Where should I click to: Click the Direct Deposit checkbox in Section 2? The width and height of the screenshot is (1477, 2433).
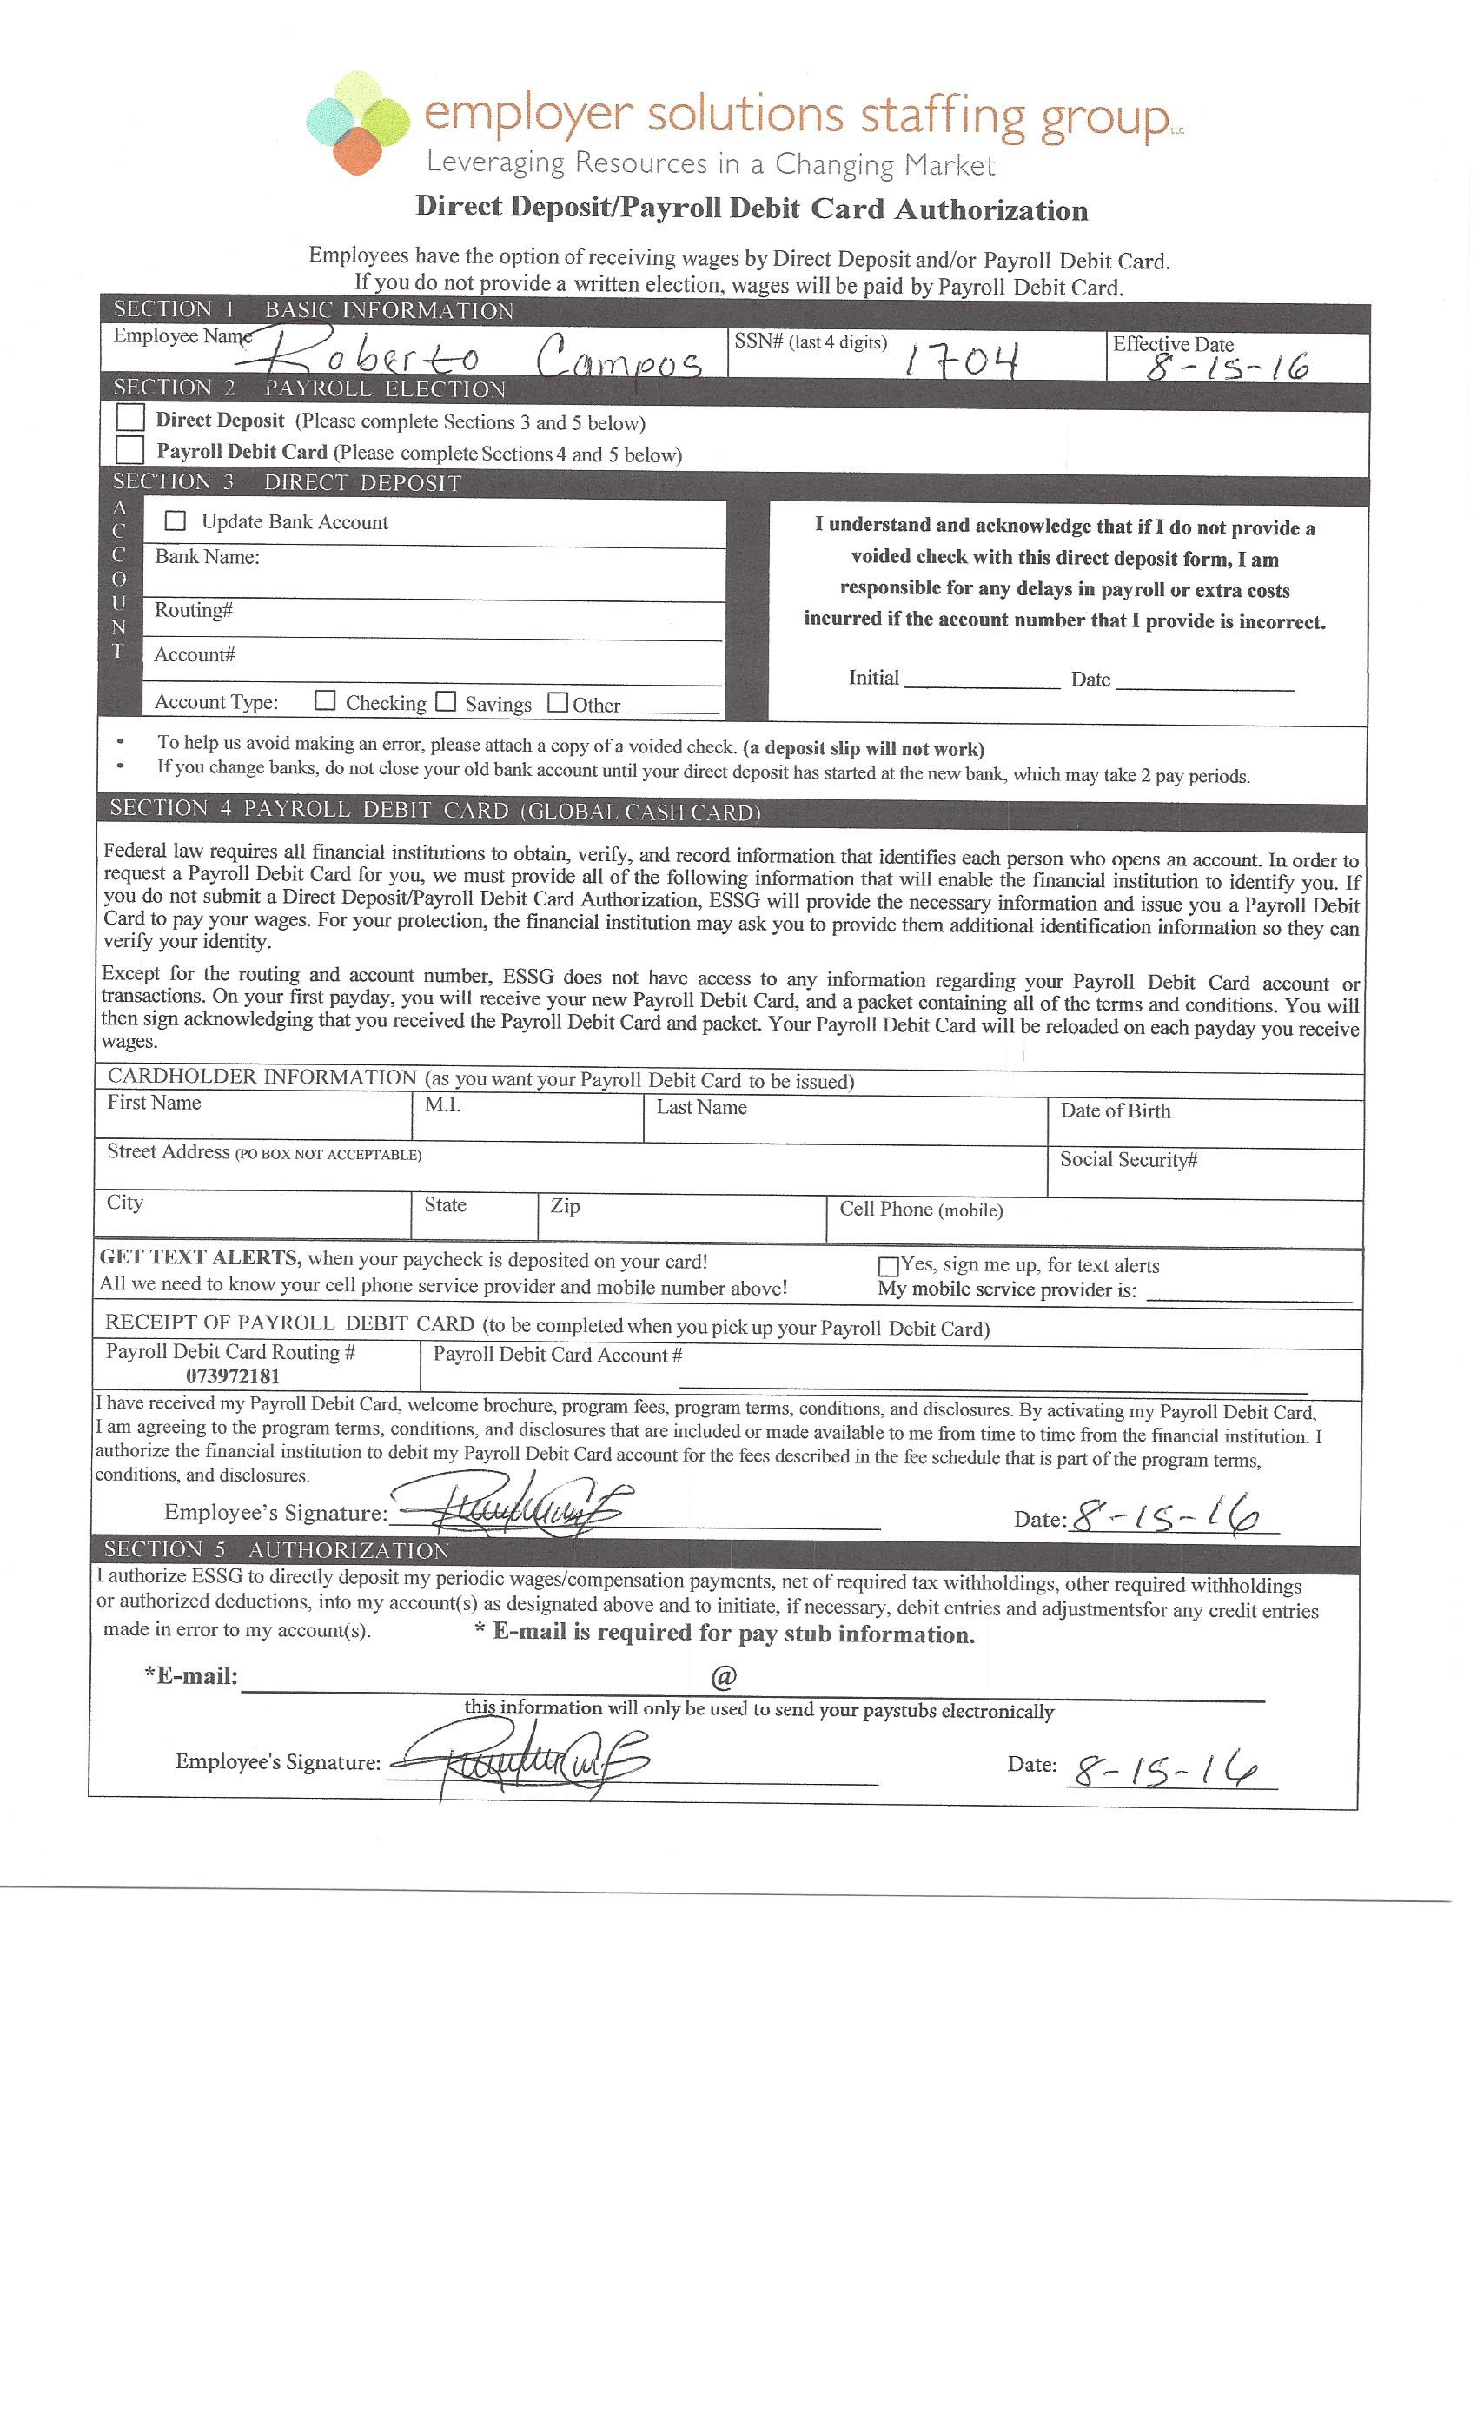[130, 418]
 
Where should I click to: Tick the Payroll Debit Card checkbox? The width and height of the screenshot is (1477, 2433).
[130, 450]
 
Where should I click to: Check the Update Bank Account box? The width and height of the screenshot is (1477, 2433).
[176, 520]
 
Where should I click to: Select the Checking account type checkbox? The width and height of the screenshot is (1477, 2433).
[325, 700]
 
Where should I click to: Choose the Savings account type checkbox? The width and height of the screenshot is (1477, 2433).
[447, 701]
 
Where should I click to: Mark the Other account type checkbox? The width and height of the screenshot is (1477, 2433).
[558, 702]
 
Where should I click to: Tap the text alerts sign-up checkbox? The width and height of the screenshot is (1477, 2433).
[888, 1266]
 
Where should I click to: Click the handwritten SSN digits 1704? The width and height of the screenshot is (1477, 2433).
[962, 361]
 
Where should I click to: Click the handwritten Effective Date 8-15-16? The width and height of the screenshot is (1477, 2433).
[1226, 368]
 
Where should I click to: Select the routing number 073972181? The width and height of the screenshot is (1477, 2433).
[233, 1376]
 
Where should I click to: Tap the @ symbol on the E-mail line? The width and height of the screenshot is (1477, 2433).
[723, 1677]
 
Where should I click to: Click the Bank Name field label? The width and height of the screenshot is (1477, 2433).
[208, 557]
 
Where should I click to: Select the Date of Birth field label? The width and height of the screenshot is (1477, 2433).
[1115, 1110]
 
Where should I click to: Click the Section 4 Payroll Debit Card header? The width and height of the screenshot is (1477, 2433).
[435, 811]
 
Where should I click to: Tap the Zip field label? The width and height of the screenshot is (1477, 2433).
[565, 1206]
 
